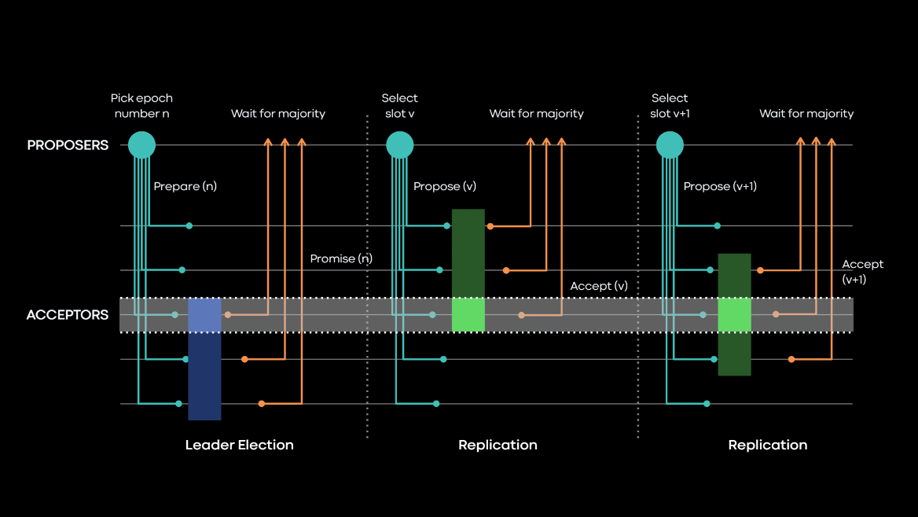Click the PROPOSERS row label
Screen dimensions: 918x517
68,145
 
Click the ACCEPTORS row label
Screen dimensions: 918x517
68,315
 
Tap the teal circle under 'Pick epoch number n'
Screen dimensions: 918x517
141,145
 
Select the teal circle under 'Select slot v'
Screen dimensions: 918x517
400,145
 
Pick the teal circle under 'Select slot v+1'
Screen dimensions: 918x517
670,145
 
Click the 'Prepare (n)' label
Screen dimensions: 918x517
185,186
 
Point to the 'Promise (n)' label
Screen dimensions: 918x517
341,258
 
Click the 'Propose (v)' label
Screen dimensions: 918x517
445,186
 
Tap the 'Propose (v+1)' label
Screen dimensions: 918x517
720,186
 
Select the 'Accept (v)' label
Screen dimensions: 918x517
599,286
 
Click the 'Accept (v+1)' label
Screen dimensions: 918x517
862,272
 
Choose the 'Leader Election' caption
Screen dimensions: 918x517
240,445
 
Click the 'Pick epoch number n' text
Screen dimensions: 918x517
141,105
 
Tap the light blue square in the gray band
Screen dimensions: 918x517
205,315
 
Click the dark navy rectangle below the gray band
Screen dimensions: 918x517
204,376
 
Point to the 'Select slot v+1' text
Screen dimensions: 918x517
670,105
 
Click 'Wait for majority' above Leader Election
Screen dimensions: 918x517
278,114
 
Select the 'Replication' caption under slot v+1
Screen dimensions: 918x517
768,445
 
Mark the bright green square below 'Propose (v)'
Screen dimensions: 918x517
468,315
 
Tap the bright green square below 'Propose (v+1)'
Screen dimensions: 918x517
734,315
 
